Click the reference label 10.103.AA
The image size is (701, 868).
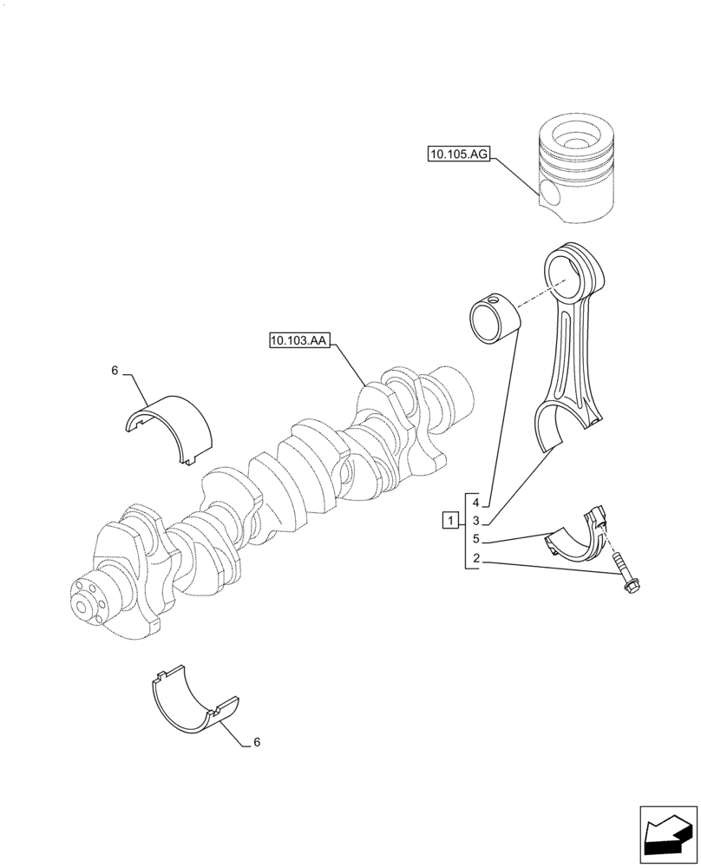click(298, 341)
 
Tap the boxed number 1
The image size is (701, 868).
click(449, 521)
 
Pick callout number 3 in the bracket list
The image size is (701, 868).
click(475, 521)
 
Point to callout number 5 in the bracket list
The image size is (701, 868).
click(475, 539)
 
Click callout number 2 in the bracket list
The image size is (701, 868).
click(475, 558)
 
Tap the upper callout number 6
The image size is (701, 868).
click(115, 372)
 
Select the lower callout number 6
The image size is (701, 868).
click(256, 743)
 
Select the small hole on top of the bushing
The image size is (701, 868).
click(495, 301)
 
